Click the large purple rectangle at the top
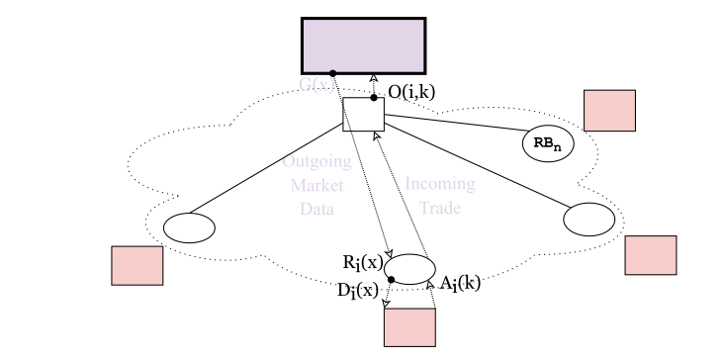pyautogui.click(x=363, y=45)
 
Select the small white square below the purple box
pyautogui.click(x=363, y=115)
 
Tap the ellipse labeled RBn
pyautogui.click(x=547, y=142)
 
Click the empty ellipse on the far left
pyautogui.click(x=188, y=226)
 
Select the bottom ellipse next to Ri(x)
pyautogui.click(x=410, y=269)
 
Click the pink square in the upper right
pyautogui.click(x=609, y=110)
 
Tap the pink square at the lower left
pyautogui.click(x=136, y=264)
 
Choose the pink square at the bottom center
pyautogui.click(x=409, y=327)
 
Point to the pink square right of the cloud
pyautogui.click(x=651, y=254)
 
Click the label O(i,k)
pyautogui.click(x=411, y=92)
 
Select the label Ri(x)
pyautogui.click(x=363, y=262)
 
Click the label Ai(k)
pyautogui.click(x=460, y=282)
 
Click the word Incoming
pyautogui.click(x=440, y=184)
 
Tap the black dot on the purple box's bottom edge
pyautogui.click(x=333, y=73)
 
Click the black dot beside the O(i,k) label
pyautogui.click(x=374, y=97)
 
